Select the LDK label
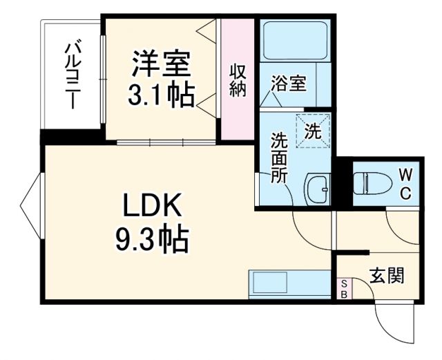(152, 206)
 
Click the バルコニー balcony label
(71, 75)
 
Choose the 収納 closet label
(238, 80)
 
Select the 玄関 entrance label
(386, 276)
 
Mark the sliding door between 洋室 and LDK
(166, 142)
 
